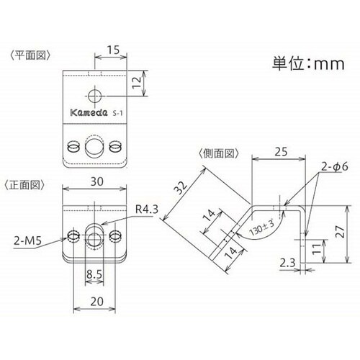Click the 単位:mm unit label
tap(308, 63)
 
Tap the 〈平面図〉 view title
tap(30, 55)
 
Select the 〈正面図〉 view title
tap(24, 185)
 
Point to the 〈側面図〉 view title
tap(219, 153)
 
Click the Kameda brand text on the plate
tap(89, 112)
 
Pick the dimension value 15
tap(113, 50)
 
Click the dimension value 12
tap(137, 83)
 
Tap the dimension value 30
tap(97, 181)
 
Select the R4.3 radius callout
tap(147, 210)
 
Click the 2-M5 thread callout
tap(27, 240)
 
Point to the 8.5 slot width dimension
tap(94, 274)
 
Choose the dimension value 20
tap(97, 302)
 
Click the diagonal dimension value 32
tap(181, 187)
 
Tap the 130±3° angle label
tap(262, 228)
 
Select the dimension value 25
tap(281, 152)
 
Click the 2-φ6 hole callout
tap(335, 166)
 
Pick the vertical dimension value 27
tap(340, 232)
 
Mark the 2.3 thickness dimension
tap(287, 263)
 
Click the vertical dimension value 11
tap(316, 249)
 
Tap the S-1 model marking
tap(117, 113)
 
